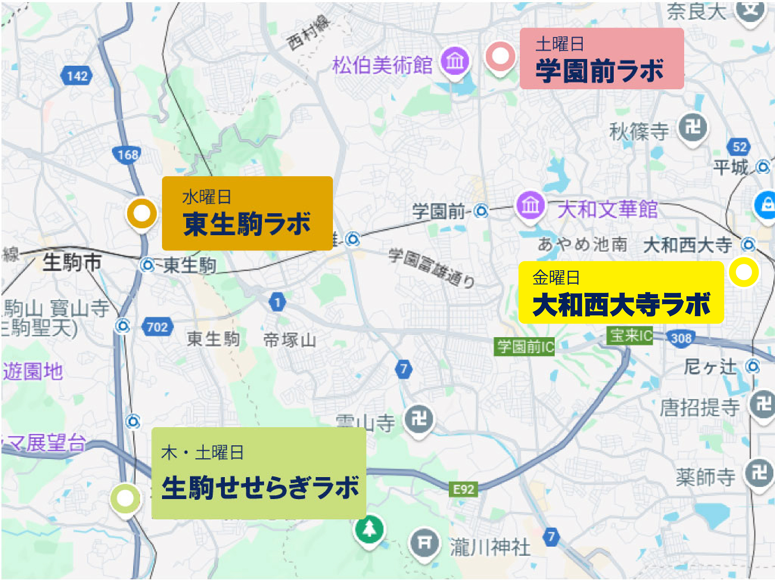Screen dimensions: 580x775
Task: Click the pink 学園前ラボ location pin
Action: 500,56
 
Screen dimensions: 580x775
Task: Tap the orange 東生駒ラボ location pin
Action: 142,213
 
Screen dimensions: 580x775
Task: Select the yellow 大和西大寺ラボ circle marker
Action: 744,272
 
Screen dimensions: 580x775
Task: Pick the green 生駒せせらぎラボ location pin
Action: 125,498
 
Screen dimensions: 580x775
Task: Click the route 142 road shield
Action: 77,76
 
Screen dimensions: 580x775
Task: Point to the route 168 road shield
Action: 127,155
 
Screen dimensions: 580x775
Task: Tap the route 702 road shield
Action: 157,327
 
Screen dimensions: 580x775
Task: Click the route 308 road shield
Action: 681,338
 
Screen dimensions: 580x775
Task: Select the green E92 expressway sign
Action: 463,489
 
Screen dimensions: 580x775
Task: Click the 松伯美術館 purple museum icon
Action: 455,60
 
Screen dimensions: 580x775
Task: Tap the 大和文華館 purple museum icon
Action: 530,205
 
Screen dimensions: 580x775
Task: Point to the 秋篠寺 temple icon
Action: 693,128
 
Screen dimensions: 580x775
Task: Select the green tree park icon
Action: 369,529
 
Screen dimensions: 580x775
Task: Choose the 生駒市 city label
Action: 72,262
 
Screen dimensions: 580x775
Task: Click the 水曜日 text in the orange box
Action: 206,197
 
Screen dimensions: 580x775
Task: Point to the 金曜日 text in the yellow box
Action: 556,278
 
